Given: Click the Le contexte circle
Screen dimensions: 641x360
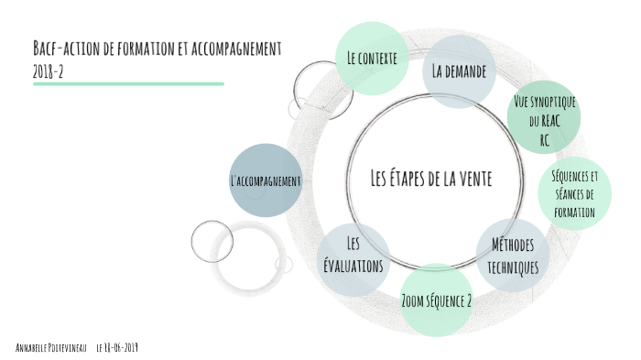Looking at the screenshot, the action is [x=371, y=58].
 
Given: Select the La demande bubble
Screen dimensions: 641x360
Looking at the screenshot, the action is [x=459, y=71].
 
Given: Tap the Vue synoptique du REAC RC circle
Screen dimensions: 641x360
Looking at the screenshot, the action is [x=544, y=119].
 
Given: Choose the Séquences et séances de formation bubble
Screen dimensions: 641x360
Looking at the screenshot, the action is [x=574, y=193].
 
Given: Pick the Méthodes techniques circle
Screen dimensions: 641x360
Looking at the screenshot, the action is [x=513, y=256].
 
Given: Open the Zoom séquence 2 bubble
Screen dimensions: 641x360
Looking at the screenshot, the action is [x=437, y=300].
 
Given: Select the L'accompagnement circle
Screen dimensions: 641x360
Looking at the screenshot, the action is [x=265, y=180].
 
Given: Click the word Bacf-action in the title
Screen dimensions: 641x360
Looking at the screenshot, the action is [x=60, y=48].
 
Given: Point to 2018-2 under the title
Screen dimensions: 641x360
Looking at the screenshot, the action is [x=48, y=71].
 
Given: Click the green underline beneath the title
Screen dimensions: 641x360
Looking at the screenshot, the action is [x=128, y=84].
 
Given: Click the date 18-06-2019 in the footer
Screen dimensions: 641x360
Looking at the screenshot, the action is [x=123, y=348].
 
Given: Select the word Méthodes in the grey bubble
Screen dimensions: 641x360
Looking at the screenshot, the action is [x=513, y=245].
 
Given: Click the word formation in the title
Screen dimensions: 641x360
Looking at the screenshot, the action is [x=143, y=48].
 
